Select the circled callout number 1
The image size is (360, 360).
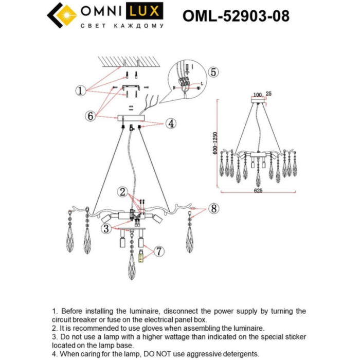80,91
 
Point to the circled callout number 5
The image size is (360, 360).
213,71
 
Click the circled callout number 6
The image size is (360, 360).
91,116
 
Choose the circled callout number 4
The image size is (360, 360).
170,123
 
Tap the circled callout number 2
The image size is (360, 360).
122,192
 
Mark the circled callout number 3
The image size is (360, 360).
106,228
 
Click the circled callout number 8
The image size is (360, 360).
213,209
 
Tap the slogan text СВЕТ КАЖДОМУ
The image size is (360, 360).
122,25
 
